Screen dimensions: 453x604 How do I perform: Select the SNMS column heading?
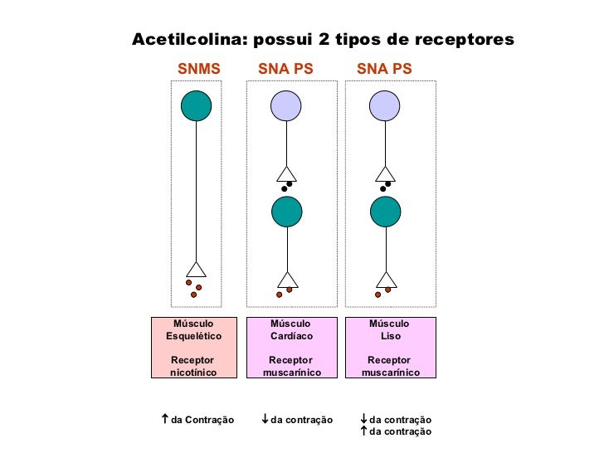click(x=200, y=69)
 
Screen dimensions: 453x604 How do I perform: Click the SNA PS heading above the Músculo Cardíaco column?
click(x=285, y=69)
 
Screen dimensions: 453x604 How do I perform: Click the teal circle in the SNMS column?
click(x=197, y=105)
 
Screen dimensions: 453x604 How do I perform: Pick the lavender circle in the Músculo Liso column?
click(x=385, y=105)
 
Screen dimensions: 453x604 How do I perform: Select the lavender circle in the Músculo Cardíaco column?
click(x=286, y=105)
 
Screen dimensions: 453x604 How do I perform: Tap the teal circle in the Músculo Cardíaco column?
click(x=286, y=212)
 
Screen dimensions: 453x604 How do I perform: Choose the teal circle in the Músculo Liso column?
click(x=385, y=212)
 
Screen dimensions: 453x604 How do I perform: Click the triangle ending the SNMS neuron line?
click(x=196, y=270)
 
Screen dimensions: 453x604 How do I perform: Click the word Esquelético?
click(x=193, y=336)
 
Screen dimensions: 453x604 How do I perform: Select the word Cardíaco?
click(x=291, y=336)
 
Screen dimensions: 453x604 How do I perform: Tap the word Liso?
click(x=390, y=336)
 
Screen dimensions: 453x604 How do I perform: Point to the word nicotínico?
click(x=193, y=373)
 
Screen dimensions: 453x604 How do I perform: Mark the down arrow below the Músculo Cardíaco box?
click(x=264, y=420)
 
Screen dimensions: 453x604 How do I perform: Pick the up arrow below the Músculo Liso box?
click(x=363, y=431)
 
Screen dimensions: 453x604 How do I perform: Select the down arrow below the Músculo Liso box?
click(x=363, y=420)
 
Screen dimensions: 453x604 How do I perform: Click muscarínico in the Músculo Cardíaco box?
click(x=291, y=373)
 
